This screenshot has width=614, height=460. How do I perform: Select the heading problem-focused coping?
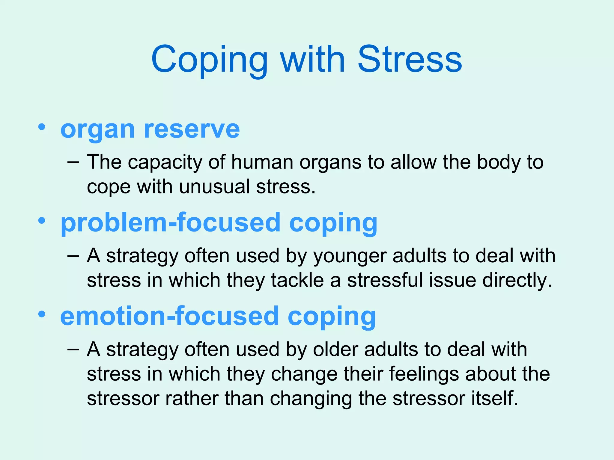click(x=219, y=223)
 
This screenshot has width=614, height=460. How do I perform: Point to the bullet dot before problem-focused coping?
click(x=42, y=221)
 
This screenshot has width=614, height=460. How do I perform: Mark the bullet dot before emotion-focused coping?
click(x=42, y=314)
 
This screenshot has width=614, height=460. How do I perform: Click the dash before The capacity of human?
click(x=73, y=163)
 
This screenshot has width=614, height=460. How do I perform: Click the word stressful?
click(x=385, y=281)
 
